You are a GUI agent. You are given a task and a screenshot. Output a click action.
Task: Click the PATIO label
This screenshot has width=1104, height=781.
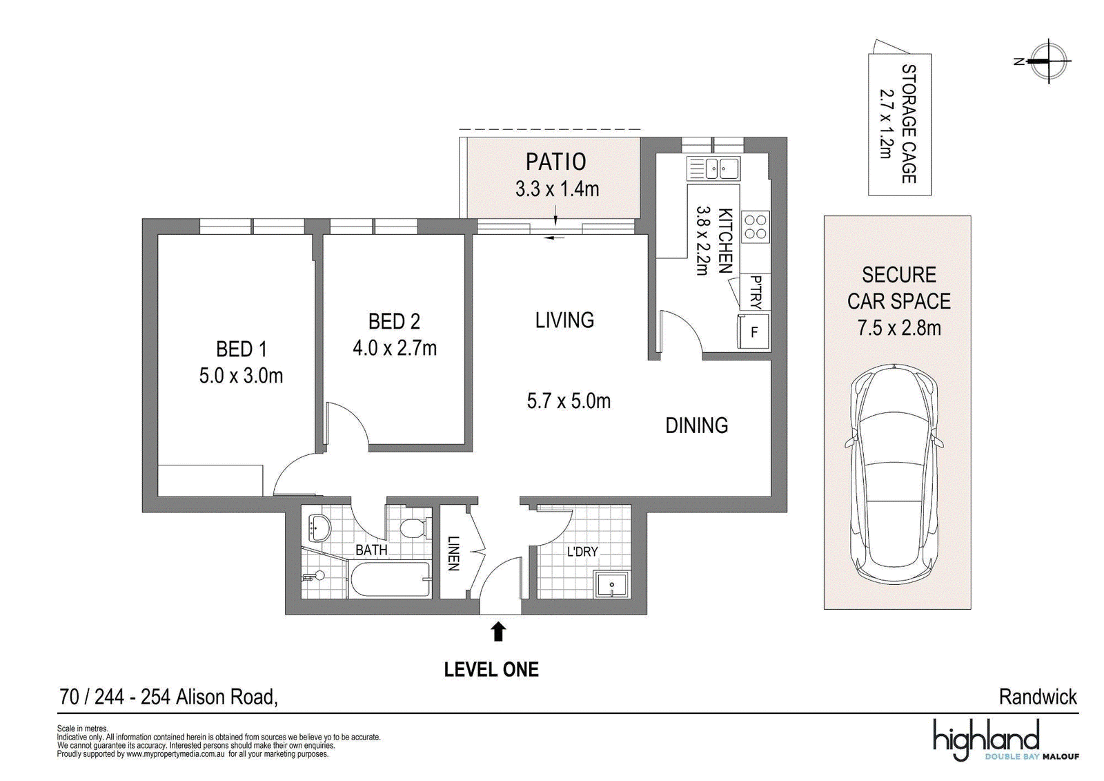tap(556, 162)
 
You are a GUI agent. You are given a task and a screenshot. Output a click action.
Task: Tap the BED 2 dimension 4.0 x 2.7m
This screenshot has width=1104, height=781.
tap(395, 348)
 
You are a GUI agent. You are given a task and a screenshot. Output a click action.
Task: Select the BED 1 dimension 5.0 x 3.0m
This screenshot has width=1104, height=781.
tap(241, 376)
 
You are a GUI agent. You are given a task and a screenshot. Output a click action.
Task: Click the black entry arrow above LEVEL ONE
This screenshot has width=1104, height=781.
tap(500, 632)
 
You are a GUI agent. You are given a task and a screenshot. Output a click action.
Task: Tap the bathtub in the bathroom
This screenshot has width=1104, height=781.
tap(389, 580)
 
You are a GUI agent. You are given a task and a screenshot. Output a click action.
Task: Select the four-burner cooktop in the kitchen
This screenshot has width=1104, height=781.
tap(756, 226)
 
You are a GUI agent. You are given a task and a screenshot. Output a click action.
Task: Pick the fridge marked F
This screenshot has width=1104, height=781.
tap(753, 332)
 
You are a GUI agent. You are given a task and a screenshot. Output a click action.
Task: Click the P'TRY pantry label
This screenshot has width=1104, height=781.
tap(756, 292)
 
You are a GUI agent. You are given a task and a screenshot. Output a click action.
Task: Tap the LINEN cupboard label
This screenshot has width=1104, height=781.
tap(453, 554)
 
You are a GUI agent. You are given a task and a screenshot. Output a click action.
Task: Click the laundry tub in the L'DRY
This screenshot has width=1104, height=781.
tap(611, 585)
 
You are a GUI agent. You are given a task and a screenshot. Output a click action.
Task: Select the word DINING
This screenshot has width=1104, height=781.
tap(697, 425)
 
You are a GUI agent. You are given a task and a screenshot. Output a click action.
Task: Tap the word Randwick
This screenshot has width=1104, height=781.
tap(1038, 697)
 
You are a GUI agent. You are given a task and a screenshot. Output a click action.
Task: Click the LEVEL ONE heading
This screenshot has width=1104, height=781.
tap(491, 670)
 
